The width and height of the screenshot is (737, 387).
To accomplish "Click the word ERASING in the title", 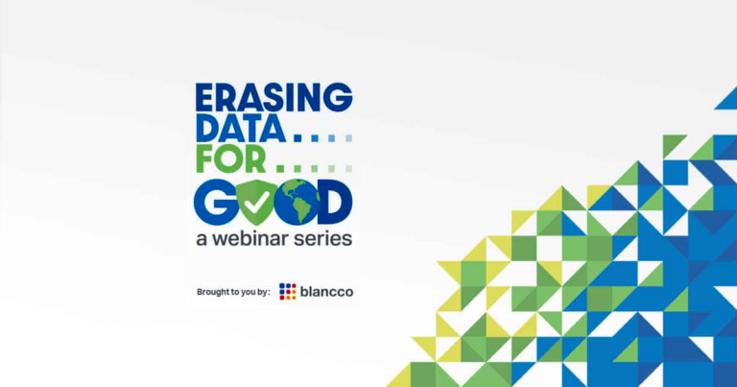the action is click(274, 97).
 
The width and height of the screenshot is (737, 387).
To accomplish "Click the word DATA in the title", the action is click(241, 129).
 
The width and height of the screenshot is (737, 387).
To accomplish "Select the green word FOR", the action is click(231, 159).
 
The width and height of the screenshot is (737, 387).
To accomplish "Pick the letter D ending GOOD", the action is click(336, 202).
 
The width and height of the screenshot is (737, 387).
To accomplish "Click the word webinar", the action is click(250, 238).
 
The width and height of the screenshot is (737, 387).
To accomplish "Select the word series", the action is click(322, 238).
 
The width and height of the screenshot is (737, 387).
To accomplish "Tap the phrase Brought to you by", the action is click(233, 292).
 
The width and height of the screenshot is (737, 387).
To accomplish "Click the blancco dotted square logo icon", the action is click(288, 292).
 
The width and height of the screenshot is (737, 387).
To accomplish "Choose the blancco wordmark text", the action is click(326, 292).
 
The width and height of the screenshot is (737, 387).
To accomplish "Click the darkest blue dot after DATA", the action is click(297, 138).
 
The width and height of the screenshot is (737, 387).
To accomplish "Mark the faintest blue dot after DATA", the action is click(348, 138).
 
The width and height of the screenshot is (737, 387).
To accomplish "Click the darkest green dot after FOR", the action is click(280, 169).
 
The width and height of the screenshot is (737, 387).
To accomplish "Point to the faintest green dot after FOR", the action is click(348, 169).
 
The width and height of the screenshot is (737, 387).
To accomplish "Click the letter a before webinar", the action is click(202, 240).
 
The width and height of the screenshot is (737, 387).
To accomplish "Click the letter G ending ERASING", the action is click(338, 97).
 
